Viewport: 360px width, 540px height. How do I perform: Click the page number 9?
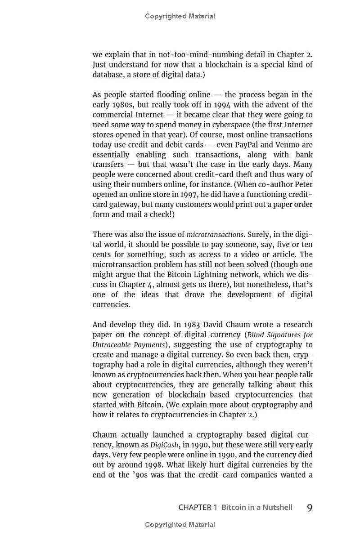tap(309, 508)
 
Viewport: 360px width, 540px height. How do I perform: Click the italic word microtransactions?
tap(215, 235)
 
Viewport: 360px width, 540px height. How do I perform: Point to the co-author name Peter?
tap(303, 184)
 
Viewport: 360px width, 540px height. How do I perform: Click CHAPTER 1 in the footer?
tap(198, 508)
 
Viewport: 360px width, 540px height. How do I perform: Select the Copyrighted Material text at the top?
tap(180, 16)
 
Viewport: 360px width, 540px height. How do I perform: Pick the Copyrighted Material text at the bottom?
tap(180, 525)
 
